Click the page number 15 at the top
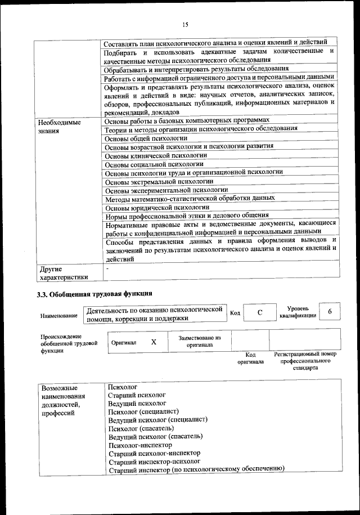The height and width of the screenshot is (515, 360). click(185, 24)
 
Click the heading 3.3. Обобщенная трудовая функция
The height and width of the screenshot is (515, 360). click(94, 293)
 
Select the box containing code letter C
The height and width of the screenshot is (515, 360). click(260, 313)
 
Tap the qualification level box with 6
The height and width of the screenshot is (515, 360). click(330, 312)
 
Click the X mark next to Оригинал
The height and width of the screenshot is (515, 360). click(153, 342)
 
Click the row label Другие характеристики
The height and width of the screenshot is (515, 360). click(62, 272)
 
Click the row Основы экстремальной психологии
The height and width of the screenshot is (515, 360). click(159, 181)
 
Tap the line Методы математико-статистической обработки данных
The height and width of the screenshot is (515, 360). click(190, 199)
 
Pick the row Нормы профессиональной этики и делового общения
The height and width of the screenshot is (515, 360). click(187, 216)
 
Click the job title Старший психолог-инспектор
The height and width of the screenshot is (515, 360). click(154, 453)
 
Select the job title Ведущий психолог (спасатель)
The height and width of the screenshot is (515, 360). click(156, 436)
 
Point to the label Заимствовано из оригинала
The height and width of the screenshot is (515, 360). click(200, 341)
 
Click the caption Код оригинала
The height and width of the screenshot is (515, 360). click(251, 358)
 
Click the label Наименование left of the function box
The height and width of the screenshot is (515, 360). click(59, 316)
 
